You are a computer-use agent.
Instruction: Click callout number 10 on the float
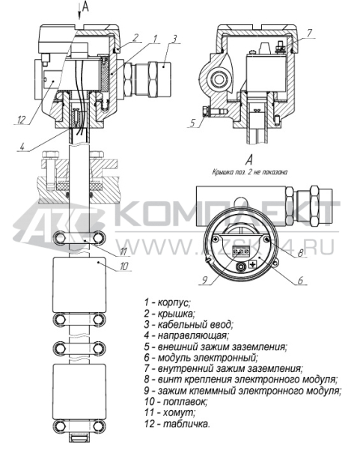104,265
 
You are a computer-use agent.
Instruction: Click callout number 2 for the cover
136,37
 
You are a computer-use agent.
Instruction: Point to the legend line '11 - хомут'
171,412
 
